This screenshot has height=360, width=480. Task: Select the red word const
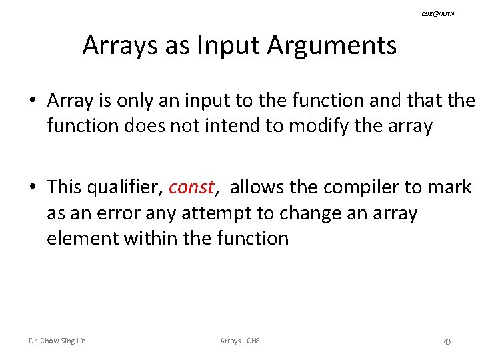click(x=191, y=187)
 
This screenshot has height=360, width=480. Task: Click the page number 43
click(x=447, y=341)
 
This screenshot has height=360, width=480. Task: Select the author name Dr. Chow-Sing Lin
click(x=57, y=341)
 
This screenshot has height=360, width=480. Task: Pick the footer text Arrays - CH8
click(x=239, y=341)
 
